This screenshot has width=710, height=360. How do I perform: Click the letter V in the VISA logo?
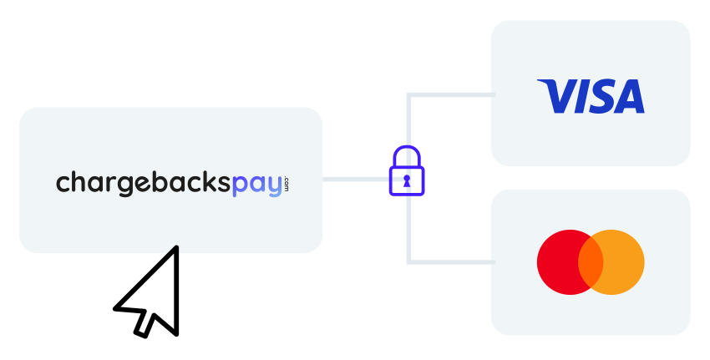(557, 96)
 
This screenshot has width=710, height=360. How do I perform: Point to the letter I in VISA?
(577, 96)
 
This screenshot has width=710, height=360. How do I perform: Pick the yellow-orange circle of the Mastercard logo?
(622, 262)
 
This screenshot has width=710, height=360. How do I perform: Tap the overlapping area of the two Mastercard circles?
(591, 262)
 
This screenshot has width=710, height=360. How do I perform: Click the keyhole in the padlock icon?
(407, 180)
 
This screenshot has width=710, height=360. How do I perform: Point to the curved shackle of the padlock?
(407, 155)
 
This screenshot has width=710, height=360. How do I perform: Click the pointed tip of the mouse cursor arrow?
(176, 249)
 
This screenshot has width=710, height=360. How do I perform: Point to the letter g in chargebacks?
(124, 185)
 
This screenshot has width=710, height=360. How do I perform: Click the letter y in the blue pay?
(274, 186)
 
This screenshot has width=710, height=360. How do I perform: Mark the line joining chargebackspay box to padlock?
(355, 179)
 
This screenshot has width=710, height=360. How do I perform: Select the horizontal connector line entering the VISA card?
(451, 94)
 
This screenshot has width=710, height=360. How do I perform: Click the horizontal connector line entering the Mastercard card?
(451, 262)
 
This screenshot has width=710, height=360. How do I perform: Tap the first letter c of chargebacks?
(63, 184)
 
